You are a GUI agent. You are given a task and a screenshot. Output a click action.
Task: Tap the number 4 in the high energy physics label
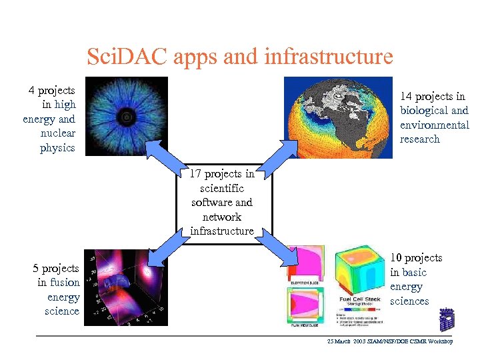coord(32,90)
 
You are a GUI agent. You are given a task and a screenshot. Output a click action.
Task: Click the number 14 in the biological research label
coord(406,97)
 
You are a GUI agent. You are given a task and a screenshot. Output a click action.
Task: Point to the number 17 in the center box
coord(195,174)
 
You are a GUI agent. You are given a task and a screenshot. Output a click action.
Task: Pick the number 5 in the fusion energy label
coord(37,268)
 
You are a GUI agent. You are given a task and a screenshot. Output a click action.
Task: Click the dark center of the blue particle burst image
coord(125,118)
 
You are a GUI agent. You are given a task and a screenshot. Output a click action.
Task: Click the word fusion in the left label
coord(65,283)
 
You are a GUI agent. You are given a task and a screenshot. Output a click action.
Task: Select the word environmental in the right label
coord(434,125)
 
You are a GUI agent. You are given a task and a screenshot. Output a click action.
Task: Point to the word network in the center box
coord(221,217)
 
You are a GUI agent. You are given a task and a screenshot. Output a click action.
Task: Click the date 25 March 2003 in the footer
coord(349,341)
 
